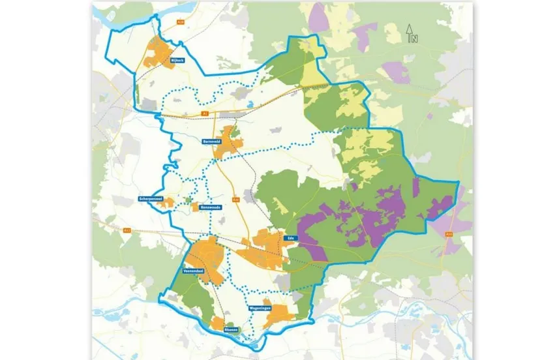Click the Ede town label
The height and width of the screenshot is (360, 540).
coord(291,239)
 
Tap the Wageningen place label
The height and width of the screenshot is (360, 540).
coord(260,307)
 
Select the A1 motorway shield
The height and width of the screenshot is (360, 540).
coord(205,113)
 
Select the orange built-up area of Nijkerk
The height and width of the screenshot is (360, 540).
coord(159,53)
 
